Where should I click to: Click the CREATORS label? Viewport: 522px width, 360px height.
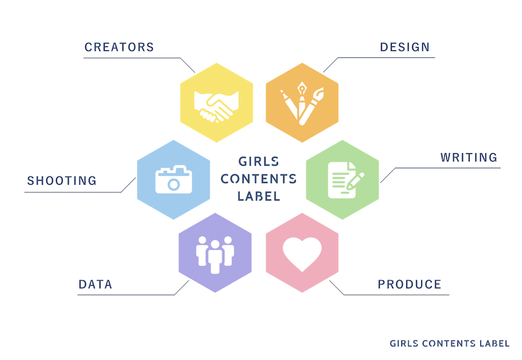click(119, 47)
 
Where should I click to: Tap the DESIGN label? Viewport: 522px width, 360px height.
click(405, 47)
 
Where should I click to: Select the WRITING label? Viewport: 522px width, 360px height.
click(468, 157)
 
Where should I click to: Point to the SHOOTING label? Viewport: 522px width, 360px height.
click(62, 181)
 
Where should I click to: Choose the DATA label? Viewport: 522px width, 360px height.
click(95, 284)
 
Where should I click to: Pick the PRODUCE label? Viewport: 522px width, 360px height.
click(410, 284)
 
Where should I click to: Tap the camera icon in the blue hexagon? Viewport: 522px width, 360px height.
click(174, 179)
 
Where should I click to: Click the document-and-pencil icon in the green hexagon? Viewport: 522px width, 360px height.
click(346, 180)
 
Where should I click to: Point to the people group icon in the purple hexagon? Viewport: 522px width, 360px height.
click(215, 254)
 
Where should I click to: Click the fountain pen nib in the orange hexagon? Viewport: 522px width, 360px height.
click(301, 89)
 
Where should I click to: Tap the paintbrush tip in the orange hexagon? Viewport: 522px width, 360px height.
click(319, 93)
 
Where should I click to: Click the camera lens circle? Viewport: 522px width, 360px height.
click(174, 184)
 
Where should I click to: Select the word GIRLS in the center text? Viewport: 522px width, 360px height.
click(258, 162)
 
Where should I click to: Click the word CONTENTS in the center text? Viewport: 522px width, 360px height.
click(258, 179)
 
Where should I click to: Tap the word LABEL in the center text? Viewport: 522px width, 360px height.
click(258, 196)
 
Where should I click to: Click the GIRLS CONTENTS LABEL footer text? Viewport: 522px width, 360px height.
click(450, 343)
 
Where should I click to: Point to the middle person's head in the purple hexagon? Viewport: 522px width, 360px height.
click(215, 245)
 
